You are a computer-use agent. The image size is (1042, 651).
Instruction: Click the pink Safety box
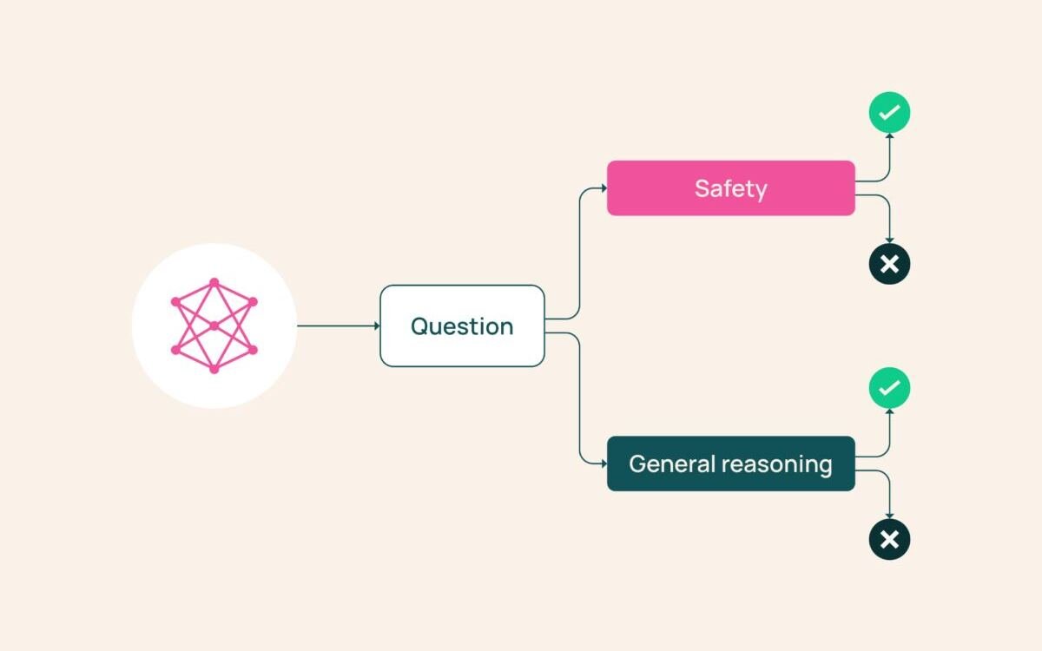point(731,187)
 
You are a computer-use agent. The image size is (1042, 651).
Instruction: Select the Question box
point(462,326)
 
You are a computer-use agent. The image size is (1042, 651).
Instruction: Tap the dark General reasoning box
point(731,464)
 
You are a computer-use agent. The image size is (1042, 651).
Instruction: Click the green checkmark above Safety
point(889,113)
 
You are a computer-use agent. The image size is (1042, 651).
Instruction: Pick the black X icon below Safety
point(889,264)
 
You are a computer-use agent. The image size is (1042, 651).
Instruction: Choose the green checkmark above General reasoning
point(889,388)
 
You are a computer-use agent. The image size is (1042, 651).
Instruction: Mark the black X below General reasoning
point(889,539)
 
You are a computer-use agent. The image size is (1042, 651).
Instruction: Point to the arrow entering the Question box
point(339,326)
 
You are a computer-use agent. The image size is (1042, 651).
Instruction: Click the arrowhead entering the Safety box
point(603,187)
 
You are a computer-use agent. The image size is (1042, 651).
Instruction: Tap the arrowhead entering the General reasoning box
point(603,464)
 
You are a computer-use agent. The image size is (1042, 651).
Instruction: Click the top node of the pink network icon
point(214,282)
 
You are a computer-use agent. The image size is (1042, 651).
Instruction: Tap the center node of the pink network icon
point(214,326)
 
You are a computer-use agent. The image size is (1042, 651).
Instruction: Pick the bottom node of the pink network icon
point(214,370)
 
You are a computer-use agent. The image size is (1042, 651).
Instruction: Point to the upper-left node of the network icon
point(175,302)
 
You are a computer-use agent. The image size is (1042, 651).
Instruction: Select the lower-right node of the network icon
point(253,350)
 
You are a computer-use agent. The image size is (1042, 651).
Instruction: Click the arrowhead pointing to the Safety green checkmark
point(889,136)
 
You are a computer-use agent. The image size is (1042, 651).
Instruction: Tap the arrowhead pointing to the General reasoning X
point(889,516)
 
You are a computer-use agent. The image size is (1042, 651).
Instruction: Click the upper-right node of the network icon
point(253,302)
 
